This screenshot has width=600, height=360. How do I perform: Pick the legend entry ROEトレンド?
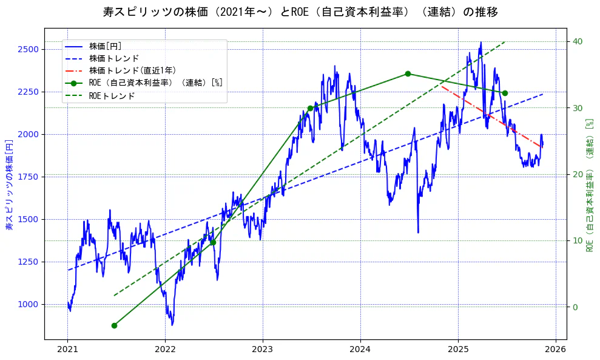tap(112, 95)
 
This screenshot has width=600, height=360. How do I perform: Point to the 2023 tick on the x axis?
tap(263, 349)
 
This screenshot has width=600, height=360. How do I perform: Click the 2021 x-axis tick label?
tap(67, 349)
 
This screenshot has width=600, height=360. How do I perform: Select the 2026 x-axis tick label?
tap(555, 349)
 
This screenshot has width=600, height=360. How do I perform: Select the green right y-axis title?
tap(588, 185)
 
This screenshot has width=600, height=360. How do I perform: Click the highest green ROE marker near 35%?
tap(408, 74)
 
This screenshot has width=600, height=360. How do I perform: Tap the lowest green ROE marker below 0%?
tap(114, 325)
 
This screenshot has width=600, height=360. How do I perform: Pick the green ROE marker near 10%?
tap(213, 242)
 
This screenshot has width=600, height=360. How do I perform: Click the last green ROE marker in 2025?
tap(505, 93)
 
